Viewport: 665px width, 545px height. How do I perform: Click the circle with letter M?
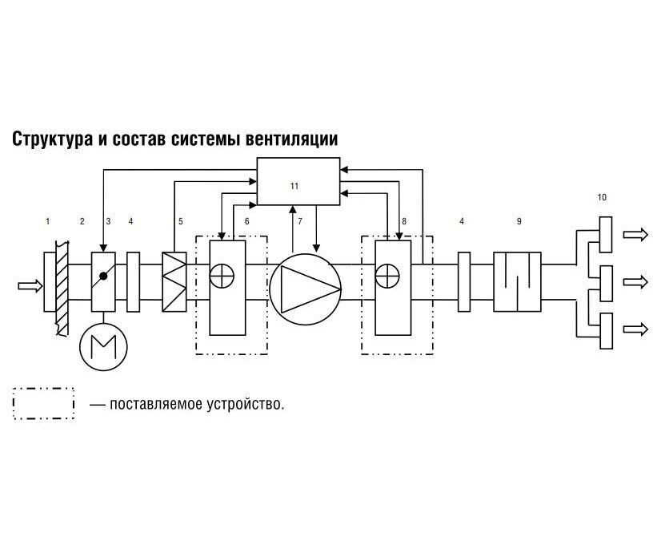(x=103, y=346)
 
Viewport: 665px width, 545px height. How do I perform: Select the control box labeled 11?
(x=298, y=181)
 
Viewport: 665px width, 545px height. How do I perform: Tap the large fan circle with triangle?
(x=306, y=289)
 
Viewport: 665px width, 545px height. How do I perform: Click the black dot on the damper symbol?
(x=103, y=277)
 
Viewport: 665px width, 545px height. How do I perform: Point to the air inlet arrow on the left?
(x=30, y=286)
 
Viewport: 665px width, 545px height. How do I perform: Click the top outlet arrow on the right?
(x=635, y=235)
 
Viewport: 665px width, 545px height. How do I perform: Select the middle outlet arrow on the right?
(x=635, y=281)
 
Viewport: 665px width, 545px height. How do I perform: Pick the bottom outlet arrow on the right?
(x=635, y=329)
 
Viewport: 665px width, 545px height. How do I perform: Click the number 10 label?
(x=602, y=197)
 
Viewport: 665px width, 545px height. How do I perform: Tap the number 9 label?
(x=519, y=221)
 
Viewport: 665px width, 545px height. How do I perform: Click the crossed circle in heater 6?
(x=222, y=276)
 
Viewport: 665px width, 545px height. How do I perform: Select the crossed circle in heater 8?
(x=387, y=276)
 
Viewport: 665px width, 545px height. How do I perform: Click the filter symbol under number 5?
(x=174, y=282)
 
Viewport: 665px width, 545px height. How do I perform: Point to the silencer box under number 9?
(x=517, y=282)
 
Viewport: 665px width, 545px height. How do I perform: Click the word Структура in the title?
(x=52, y=139)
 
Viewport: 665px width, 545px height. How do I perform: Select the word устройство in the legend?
(x=246, y=404)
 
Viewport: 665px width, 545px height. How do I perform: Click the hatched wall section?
(x=62, y=288)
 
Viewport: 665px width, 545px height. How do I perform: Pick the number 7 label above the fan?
(x=300, y=221)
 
